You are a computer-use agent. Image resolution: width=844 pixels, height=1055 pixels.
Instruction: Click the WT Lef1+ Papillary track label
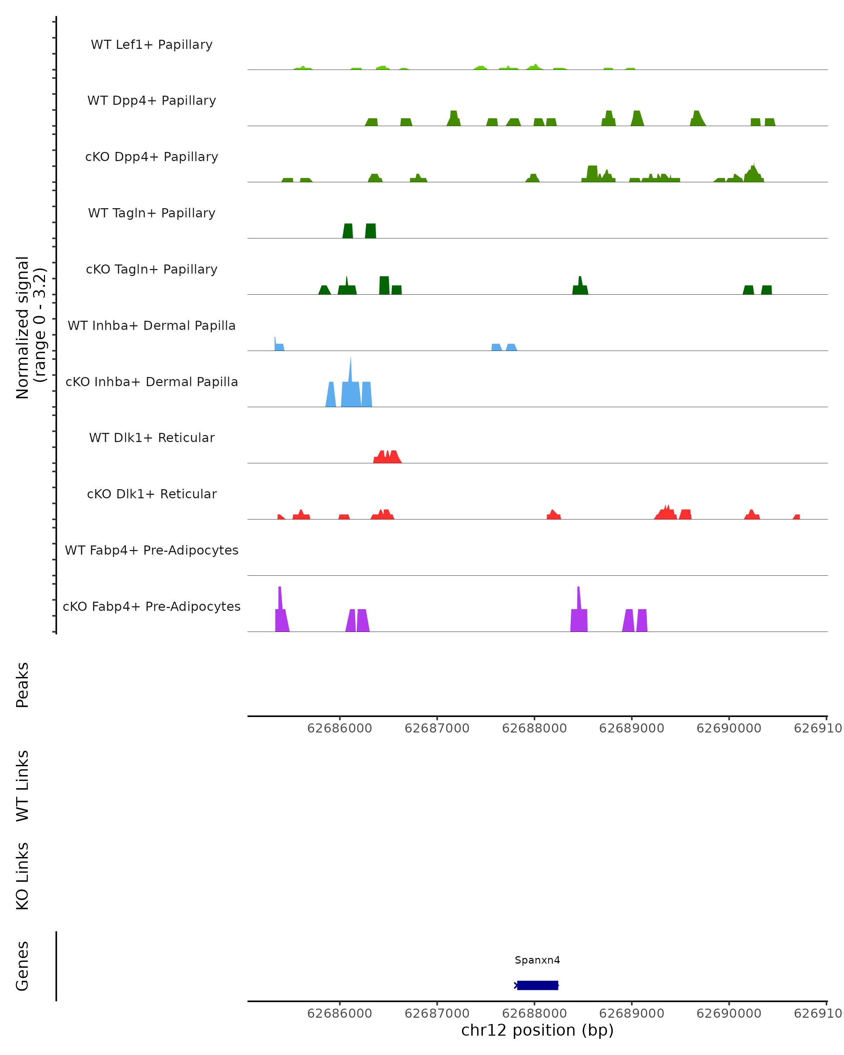(x=152, y=45)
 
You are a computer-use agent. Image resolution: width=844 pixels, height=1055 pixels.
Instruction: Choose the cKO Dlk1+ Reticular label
(x=152, y=494)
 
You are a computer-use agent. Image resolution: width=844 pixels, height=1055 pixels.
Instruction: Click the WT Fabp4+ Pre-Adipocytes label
(x=152, y=550)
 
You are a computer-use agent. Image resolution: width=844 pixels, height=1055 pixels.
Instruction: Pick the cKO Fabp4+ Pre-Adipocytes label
(x=152, y=606)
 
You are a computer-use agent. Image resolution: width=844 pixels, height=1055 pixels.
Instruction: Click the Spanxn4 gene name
(x=537, y=960)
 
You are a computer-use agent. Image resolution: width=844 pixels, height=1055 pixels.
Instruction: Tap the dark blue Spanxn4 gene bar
(x=537, y=985)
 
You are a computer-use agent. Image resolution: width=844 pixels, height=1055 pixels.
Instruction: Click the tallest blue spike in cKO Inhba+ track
(x=350, y=372)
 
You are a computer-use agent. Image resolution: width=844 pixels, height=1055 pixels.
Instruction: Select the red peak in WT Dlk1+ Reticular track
(x=387, y=457)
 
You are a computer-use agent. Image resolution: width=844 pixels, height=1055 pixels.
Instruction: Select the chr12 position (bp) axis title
(x=537, y=1030)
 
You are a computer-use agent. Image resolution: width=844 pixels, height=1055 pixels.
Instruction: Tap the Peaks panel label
(x=23, y=685)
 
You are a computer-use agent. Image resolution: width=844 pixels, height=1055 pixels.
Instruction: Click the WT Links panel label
(x=23, y=785)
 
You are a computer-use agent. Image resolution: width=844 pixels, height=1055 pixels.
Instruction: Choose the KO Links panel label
(x=23, y=876)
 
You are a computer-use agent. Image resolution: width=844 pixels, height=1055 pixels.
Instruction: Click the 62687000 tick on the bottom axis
(x=437, y=1014)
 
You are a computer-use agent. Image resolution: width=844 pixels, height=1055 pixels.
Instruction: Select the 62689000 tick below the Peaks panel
(x=631, y=728)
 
